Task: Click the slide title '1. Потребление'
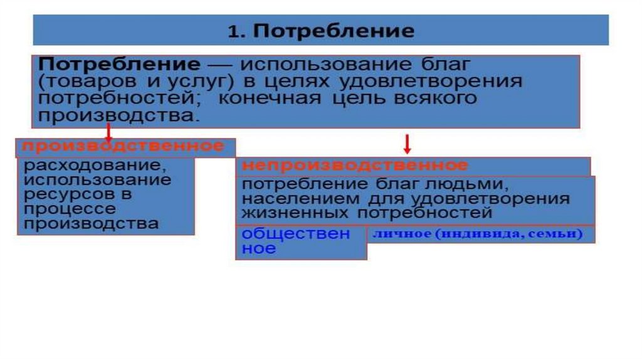[320, 31]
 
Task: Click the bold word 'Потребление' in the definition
[119, 65]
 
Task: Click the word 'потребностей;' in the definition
[118, 99]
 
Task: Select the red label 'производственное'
[123, 147]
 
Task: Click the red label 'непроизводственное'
[354, 166]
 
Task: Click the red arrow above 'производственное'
[108, 130]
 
